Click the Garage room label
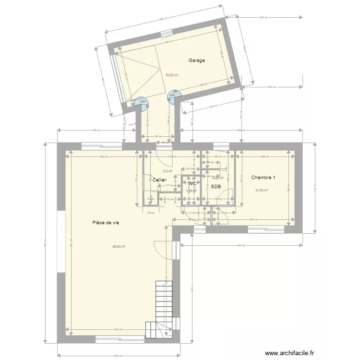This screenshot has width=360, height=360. point(197,60)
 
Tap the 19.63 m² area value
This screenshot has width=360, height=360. point(172,75)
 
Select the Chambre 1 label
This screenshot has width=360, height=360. point(263,178)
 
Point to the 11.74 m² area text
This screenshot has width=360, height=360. point(262,191)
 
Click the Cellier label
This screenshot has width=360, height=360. point(159,180)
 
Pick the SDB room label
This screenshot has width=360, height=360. point(216,186)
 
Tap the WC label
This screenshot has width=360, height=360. point(192,184)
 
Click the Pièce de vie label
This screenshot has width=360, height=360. point(106,222)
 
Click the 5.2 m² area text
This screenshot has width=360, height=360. point(168,171)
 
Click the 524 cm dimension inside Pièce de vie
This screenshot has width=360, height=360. point(119,329)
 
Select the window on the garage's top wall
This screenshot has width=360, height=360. point(166,33)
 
